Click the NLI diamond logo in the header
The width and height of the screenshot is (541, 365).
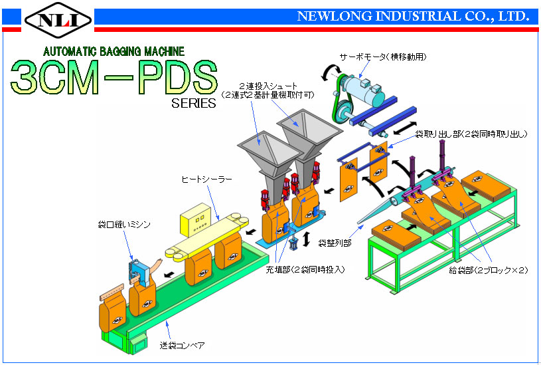tap(58, 20)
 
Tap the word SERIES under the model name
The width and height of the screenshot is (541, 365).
tap(194, 103)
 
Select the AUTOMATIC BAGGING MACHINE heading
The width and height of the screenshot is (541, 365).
tap(114, 51)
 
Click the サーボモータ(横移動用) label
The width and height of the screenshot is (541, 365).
tap(382, 57)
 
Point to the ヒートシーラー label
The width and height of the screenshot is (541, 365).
tap(206, 179)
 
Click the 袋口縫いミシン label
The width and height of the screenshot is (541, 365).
tap(124, 224)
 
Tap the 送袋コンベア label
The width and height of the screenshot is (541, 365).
tap(182, 345)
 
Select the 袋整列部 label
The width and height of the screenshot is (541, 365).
tap(335, 243)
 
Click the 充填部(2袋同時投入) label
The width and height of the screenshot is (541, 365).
tap(305, 269)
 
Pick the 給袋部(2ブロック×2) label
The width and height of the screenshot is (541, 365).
tap(488, 270)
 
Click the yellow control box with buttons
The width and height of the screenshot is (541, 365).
tap(195, 220)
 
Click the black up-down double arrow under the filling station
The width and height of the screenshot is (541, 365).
tap(307, 239)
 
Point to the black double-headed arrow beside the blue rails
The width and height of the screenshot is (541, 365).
tap(405, 128)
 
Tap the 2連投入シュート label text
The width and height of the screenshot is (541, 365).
tap(268, 86)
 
